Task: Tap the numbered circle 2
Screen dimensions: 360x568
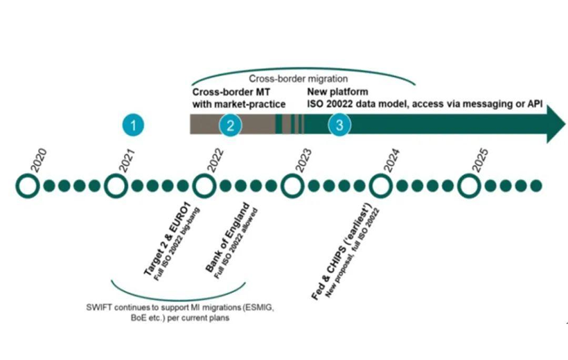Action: pos(231,125)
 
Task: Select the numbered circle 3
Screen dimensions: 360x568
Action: pos(339,125)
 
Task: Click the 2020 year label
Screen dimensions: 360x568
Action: pos(38,161)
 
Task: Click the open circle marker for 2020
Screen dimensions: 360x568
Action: pos(28,186)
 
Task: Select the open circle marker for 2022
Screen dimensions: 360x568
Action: pos(203,186)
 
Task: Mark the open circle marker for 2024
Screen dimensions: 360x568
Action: pos(380,186)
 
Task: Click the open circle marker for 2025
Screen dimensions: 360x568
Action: pos(469,186)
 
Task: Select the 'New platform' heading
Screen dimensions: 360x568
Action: pos(338,91)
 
